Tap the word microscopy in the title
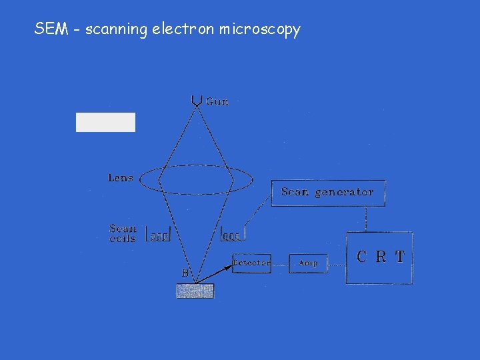pyautogui.click(x=265, y=30)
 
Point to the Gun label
pyautogui.click(x=217, y=101)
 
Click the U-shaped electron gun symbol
pyautogui.click(x=197, y=100)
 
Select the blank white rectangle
pyautogui.click(x=105, y=122)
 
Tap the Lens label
pyautogui.click(x=121, y=178)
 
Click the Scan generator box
pyautogui.click(x=327, y=193)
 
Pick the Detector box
pyautogui.click(x=251, y=263)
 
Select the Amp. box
pyautogui.click(x=309, y=263)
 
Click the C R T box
pyautogui.click(x=379, y=257)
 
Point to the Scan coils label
pyautogui.click(x=123, y=233)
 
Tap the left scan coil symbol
pyautogui.click(x=158, y=235)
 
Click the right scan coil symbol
pyautogui.click(x=232, y=235)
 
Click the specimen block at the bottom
pyautogui.click(x=195, y=291)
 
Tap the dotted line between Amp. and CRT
pyautogui.click(x=336, y=264)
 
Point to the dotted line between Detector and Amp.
pyautogui.click(x=280, y=264)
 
